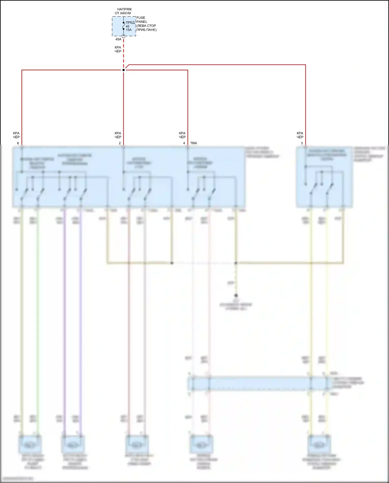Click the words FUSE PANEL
[142, 20]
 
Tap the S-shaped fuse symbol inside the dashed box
[123, 26]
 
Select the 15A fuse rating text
[129, 30]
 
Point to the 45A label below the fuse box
[118, 39]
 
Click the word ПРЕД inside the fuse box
[130, 23]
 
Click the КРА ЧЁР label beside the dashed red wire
[118, 49]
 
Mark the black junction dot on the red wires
[123, 70]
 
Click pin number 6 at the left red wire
[18, 143]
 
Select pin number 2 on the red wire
[120, 143]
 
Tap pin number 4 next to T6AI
[184, 143]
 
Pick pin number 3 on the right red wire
[302, 143]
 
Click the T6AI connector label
[193, 143]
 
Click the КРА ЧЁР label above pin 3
[300, 135]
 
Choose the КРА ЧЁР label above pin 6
[16, 135]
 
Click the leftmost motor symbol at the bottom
[30, 445]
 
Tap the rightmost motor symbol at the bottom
[319, 445]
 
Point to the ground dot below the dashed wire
[236, 296]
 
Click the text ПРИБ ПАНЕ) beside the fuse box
[147, 30]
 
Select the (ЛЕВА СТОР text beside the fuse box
[146, 26]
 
